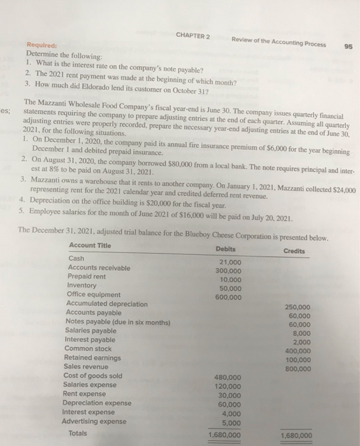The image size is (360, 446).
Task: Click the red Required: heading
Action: point(40,46)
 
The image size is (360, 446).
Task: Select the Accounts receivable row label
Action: point(99,268)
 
